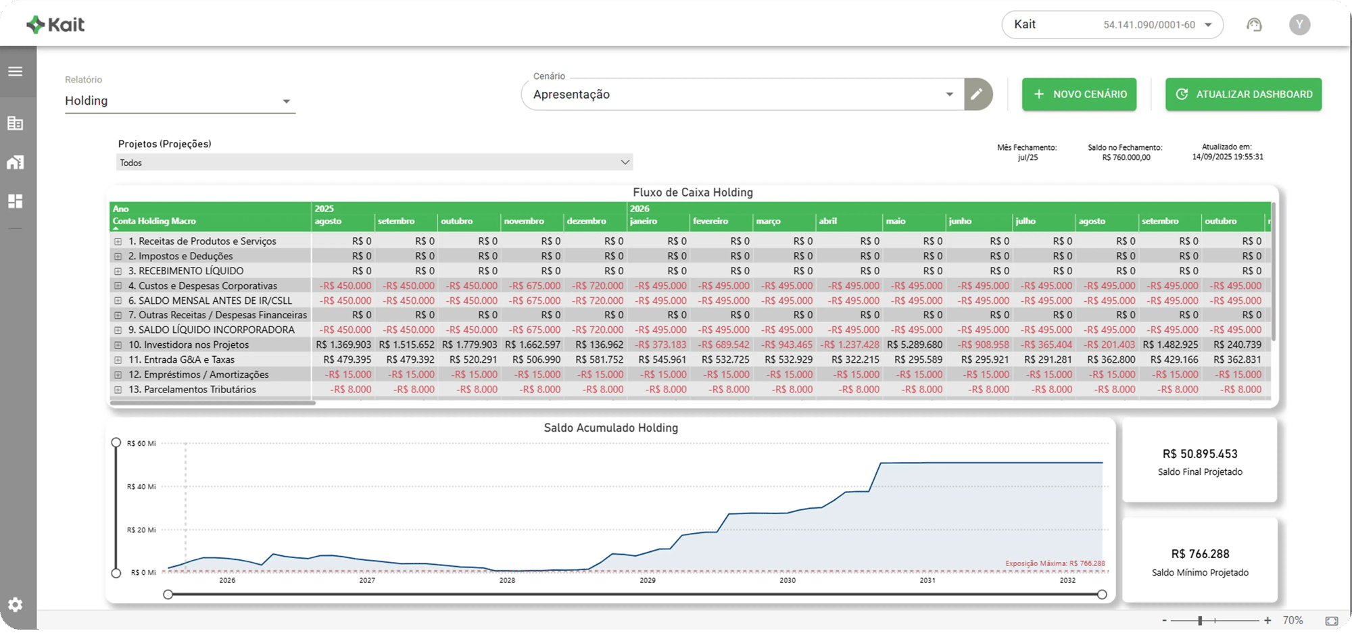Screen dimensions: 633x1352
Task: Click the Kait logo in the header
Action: pyautogui.click(x=55, y=25)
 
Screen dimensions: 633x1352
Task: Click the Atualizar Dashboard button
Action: pyautogui.click(x=1243, y=95)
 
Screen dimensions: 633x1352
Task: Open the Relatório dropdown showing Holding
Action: pyautogui.click(x=180, y=101)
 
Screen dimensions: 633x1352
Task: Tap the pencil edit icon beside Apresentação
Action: pyautogui.click(x=977, y=95)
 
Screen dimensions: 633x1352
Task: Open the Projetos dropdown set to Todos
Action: pyautogui.click(x=374, y=163)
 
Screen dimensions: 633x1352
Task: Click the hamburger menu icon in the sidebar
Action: pyautogui.click(x=16, y=72)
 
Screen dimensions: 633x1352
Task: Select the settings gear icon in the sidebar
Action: pyautogui.click(x=16, y=605)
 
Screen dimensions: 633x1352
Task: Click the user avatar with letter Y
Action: pyautogui.click(x=1299, y=25)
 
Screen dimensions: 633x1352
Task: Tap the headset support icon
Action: pyautogui.click(x=1254, y=25)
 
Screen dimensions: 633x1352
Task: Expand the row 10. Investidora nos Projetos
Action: pyautogui.click(x=118, y=345)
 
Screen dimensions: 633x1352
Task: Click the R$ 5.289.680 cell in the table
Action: pyautogui.click(x=915, y=345)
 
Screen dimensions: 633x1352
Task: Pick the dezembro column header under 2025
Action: pyautogui.click(x=586, y=222)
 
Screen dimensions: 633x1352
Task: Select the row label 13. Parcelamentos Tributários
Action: pyautogui.click(x=192, y=390)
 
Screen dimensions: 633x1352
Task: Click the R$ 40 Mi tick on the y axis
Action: pyautogui.click(x=141, y=487)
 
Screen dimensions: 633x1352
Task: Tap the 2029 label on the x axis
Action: pyautogui.click(x=647, y=580)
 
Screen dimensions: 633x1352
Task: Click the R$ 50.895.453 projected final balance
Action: pyautogui.click(x=1200, y=454)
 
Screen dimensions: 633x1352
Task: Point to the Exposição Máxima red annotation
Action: pyautogui.click(x=1055, y=563)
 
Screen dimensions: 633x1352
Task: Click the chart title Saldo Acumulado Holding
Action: pyautogui.click(x=610, y=428)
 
